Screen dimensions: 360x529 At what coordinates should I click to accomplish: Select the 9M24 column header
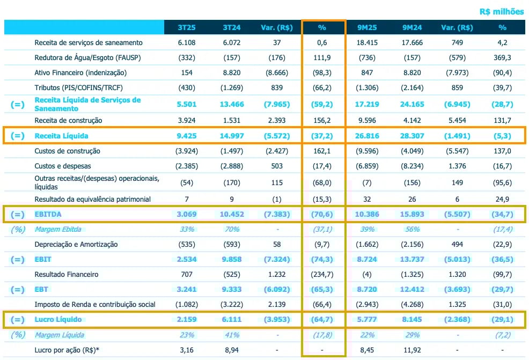(x=412, y=28)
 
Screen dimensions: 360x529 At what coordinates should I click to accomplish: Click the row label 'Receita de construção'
(x=68, y=120)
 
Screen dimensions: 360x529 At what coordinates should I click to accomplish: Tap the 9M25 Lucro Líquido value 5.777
(x=368, y=320)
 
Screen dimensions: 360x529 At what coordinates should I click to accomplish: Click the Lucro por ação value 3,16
(x=188, y=350)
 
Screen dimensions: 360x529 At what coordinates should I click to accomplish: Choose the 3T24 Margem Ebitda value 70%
(x=233, y=230)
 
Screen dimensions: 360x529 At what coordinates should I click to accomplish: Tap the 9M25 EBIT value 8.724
(x=368, y=260)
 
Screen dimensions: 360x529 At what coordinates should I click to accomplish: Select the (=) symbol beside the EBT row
(x=17, y=290)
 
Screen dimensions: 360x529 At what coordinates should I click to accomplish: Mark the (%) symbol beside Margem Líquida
(x=17, y=335)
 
